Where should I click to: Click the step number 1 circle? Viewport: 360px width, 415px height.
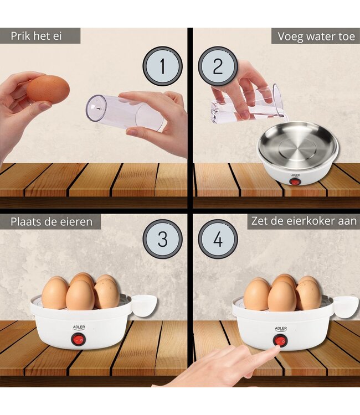pyautogui.click(x=162, y=66)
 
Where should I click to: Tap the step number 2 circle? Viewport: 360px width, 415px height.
pyautogui.click(x=218, y=66)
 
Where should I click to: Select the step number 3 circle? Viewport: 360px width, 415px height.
pyautogui.click(x=162, y=239)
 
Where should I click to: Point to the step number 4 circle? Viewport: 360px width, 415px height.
pyautogui.click(x=218, y=239)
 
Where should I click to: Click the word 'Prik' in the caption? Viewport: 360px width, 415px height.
pyautogui.click(x=20, y=36)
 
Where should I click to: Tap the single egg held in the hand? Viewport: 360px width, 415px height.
pyautogui.click(x=48, y=89)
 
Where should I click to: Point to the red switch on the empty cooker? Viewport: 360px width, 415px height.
pyautogui.click(x=294, y=182)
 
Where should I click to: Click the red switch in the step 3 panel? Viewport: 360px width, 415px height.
pyautogui.click(x=78, y=339)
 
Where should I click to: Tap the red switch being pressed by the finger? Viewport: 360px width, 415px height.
pyautogui.click(x=280, y=340)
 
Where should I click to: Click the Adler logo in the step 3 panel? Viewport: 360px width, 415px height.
pyautogui.click(x=79, y=328)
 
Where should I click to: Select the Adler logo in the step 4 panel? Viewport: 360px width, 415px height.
pyautogui.click(x=281, y=329)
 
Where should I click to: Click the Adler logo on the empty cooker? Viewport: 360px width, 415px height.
pyautogui.click(x=295, y=175)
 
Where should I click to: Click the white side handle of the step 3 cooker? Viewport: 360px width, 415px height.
pyautogui.click(x=144, y=305)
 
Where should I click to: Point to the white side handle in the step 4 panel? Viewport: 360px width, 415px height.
pyautogui.click(x=346, y=307)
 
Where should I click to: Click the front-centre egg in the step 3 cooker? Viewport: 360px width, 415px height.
pyautogui.click(x=80, y=295)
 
